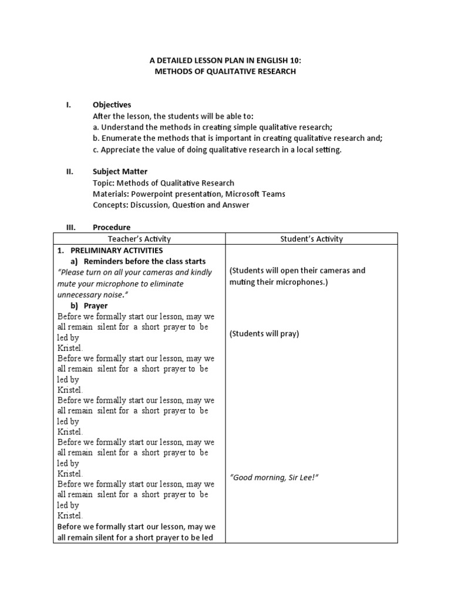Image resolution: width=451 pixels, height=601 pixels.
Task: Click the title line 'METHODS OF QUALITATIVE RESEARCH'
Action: pos(225,71)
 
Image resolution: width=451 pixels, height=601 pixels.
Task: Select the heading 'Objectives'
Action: pos(112,104)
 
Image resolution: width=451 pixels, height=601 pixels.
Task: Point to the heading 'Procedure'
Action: pos(112,227)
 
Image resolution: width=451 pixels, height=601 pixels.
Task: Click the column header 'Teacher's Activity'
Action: pos(139,238)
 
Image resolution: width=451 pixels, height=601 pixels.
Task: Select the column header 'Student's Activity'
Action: pos(311,238)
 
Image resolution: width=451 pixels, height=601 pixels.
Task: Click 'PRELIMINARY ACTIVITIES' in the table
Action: pos(113,250)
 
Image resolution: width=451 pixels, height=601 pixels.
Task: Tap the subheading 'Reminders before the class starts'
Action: pos(145,261)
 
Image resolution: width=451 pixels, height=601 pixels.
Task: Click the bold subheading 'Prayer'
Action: pos(96,306)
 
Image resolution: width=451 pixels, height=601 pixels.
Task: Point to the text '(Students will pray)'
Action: pos(264,333)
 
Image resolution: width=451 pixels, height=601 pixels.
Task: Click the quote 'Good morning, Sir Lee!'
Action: pos(274,477)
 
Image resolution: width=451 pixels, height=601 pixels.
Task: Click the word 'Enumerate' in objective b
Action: pos(120,138)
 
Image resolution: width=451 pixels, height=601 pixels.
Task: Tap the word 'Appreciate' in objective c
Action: pos(120,149)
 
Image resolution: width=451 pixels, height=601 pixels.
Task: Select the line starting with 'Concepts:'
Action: pos(171,205)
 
